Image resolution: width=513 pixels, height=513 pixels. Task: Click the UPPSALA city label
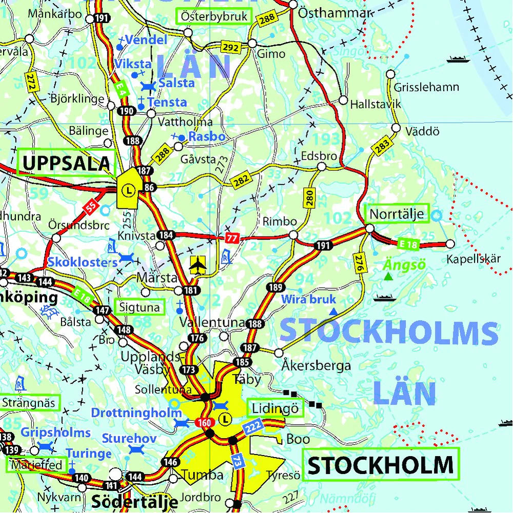pyautogui.click(x=67, y=163)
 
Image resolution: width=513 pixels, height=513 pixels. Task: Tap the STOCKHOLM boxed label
pyautogui.click(x=380, y=465)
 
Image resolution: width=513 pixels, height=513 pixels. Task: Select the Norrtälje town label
pyautogui.click(x=397, y=213)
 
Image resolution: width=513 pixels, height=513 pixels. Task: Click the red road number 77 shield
pyautogui.click(x=231, y=238)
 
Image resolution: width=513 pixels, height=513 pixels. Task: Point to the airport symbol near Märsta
pyautogui.click(x=197, y=265)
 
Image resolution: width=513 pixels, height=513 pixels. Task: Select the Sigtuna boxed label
pyautogui.click(x=140, y=307)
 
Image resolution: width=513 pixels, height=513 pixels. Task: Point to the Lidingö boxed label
pyautogui.click(x=275, y=408)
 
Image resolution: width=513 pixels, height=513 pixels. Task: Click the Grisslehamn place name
pyautogui.click(x=426, y=87)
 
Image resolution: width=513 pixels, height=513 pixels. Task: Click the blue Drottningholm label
pyautogui.click(x=136, y=412)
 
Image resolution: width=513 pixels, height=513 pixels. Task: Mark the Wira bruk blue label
pyautogui.click(x=308, y=299)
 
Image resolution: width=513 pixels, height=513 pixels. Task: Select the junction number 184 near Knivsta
pyautogui.click(x=165, y=235)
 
